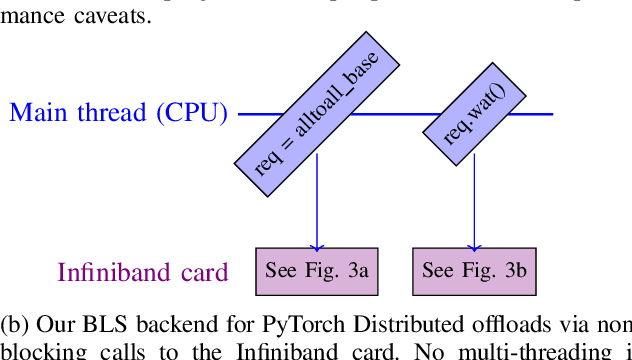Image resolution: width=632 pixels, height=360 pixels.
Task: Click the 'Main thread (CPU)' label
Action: coord(118,112)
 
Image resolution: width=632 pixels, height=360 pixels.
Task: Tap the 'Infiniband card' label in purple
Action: coord(143,272)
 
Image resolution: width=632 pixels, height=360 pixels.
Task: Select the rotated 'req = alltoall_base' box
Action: coord(317,113)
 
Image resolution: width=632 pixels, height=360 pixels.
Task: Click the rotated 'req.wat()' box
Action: coord(474,113)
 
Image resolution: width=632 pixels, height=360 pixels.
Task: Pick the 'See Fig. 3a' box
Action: coord(317,271)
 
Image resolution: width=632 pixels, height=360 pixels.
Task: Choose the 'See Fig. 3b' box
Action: coord(474,271)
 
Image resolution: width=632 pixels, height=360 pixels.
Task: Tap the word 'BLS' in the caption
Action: coord(101,324)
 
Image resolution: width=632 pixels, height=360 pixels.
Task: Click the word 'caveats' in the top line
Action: coord(110,17)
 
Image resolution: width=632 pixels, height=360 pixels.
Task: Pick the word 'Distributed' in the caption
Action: coord(397,324)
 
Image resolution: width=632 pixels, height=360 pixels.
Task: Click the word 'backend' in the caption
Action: coord(167,324)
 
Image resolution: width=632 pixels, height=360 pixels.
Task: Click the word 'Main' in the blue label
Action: coord(35,112)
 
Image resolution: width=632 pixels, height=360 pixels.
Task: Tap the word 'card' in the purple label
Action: coord(206,272)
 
